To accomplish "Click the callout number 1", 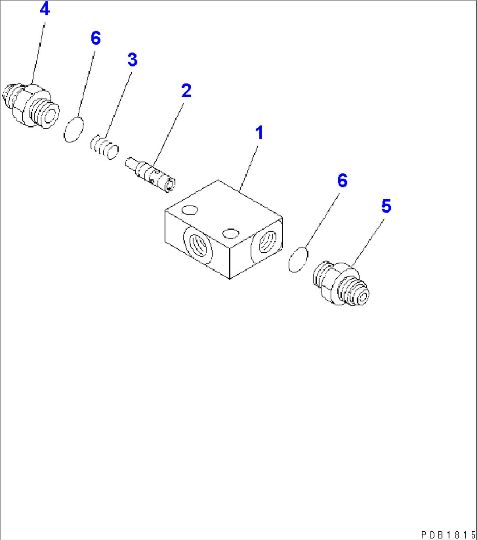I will (260, 133).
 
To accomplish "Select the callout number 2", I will (186, 91).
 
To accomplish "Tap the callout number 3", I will (132, 60).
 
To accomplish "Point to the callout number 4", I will (45, 9).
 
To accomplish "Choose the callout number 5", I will (386, 206).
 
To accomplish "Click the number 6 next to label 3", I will (95, 38).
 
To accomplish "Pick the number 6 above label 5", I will (342, 180).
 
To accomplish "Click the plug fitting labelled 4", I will (31, 105).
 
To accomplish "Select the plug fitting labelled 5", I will (341, 284).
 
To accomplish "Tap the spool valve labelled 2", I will (151, 174).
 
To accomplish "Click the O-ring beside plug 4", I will (73, 130).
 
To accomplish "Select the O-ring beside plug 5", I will (298, 259).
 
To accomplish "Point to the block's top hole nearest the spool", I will (189, 210).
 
